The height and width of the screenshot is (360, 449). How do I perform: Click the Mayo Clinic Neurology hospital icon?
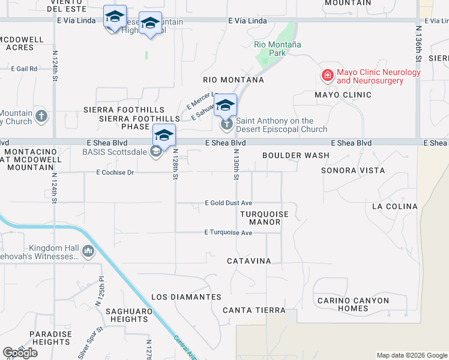[x=327, y=76]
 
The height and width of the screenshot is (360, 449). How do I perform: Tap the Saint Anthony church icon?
[x=226, y=125]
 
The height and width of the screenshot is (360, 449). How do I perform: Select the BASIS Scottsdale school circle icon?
[x=156, y=151]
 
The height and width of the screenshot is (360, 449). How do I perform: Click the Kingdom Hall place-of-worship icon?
[x=88, y=251]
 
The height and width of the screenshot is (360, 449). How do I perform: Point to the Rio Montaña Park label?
[x=277, y=49]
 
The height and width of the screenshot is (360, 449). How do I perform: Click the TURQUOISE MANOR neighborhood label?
[x=265, y=218]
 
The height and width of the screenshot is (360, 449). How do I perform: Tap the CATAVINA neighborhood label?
[x=249, y=261]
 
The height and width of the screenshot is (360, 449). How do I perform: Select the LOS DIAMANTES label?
[x=186, y=297]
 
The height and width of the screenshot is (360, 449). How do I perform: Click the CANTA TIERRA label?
[x=254, y=310]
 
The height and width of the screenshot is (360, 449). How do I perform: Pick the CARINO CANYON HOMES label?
[x=353, y=304]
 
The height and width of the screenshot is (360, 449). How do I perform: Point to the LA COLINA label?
[x=394, y=206]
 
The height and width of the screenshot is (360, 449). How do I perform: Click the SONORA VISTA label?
[x=352, y=170]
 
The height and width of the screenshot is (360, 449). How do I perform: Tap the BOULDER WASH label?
[x=295, y=155]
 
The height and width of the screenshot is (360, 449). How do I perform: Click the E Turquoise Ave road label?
[x=228, y=232]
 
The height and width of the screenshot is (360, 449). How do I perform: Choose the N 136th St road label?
[x=419, y=43]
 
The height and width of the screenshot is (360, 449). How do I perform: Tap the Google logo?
[x=20, y=353]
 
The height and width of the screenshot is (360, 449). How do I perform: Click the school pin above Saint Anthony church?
[x=225, y=106]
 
